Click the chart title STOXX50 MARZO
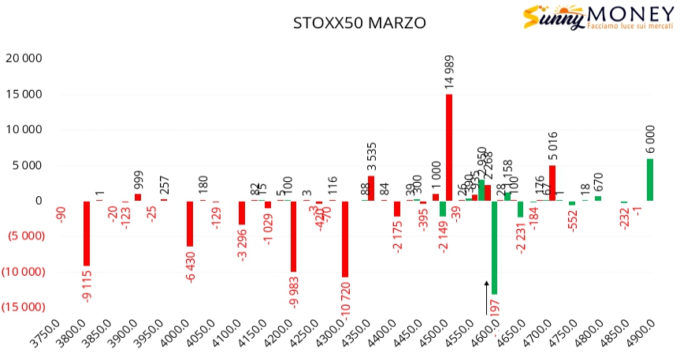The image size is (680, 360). pos(359,24)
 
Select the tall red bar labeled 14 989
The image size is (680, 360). pos(449,147)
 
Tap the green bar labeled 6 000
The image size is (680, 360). pos(650,180)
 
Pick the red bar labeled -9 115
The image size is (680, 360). pos(87,233)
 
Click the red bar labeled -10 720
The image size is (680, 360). pos(345,239)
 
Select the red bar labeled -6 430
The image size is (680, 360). pos(190,224)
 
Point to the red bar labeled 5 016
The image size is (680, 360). pos(552,183)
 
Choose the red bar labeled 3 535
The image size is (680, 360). pos(371,188)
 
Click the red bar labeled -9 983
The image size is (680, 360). pos(293,236)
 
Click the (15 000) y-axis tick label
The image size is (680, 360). pos(23,307)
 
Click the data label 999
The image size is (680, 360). pos(139,180)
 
